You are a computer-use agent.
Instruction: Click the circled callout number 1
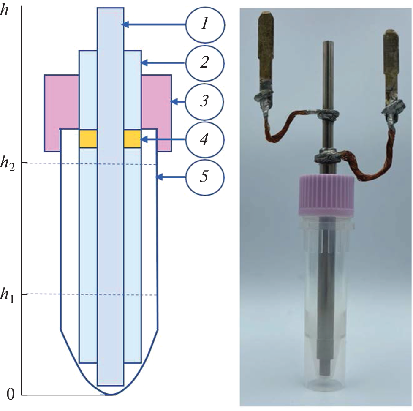pos(205,25)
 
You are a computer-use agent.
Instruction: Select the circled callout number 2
pos(205,63)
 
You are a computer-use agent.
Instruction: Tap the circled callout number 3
pos(205,101)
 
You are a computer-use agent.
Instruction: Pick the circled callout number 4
pos(205,139)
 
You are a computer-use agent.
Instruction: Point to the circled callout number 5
pos(205,177)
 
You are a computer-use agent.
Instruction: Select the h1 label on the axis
pos(8,295)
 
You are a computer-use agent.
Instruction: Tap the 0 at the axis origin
pos(11,395)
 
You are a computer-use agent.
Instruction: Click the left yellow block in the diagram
pos(88,139)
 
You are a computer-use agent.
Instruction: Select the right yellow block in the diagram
pos(132,139)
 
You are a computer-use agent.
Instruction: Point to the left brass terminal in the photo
pos(266,51)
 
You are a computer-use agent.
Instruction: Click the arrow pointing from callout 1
pos(154,25)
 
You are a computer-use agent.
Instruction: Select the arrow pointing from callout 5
pos(171,178)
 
